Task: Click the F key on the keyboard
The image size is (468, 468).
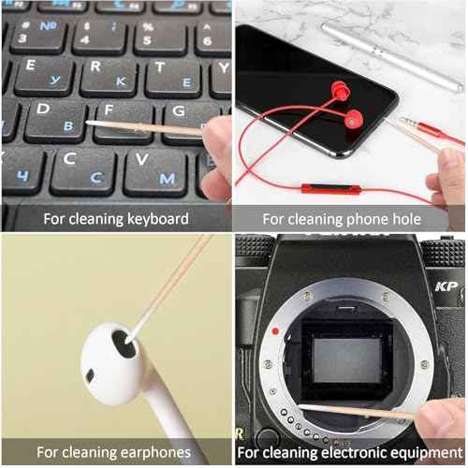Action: pos(124,123)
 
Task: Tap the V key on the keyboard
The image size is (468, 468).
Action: pos(156,172)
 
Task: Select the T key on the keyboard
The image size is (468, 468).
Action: pos(173,77)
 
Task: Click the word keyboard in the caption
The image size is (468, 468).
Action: pos(158,219)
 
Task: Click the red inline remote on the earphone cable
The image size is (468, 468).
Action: pos(330,188)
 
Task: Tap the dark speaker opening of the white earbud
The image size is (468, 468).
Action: pos(124,344)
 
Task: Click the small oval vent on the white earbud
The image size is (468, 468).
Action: pos(90,375)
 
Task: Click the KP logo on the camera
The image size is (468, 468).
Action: pos(446,286)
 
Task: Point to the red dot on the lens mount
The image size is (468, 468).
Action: pos(275,331)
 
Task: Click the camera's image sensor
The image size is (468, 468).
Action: pos(347,360)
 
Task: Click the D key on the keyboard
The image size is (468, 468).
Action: pos(55,121)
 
